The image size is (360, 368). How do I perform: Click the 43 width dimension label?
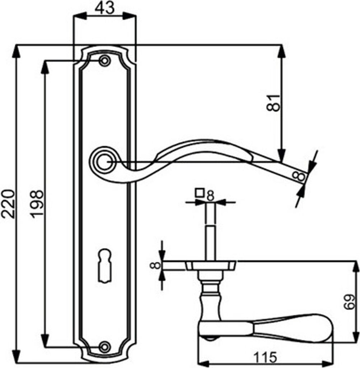[104, 8]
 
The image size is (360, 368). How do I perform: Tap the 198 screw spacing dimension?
[37, 204]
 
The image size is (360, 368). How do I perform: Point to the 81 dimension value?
[273, 103]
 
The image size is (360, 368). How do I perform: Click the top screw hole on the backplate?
[104, 61]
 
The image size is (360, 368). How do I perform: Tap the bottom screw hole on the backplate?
[104, 347]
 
